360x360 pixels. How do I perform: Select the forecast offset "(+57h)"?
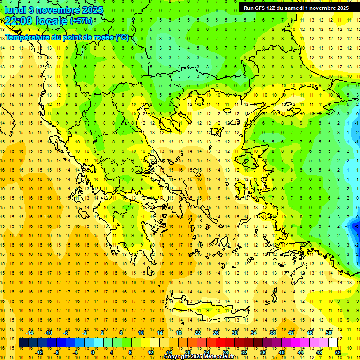pos(81,21)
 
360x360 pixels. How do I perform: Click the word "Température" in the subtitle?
pos(28,37)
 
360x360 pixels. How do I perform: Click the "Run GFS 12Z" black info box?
pos(296,8)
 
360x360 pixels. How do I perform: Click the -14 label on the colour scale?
pos(30,333)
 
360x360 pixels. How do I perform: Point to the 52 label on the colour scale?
pos(338,352)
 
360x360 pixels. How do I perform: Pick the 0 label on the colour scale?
pos(93,352)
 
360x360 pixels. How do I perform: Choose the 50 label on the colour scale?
pos(329,333)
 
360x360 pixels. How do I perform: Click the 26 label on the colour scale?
pos(216,333)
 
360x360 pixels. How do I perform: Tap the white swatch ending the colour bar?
pos(333,343)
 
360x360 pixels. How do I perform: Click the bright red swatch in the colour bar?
pos(220,343)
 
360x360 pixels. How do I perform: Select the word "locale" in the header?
pos(52,21)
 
